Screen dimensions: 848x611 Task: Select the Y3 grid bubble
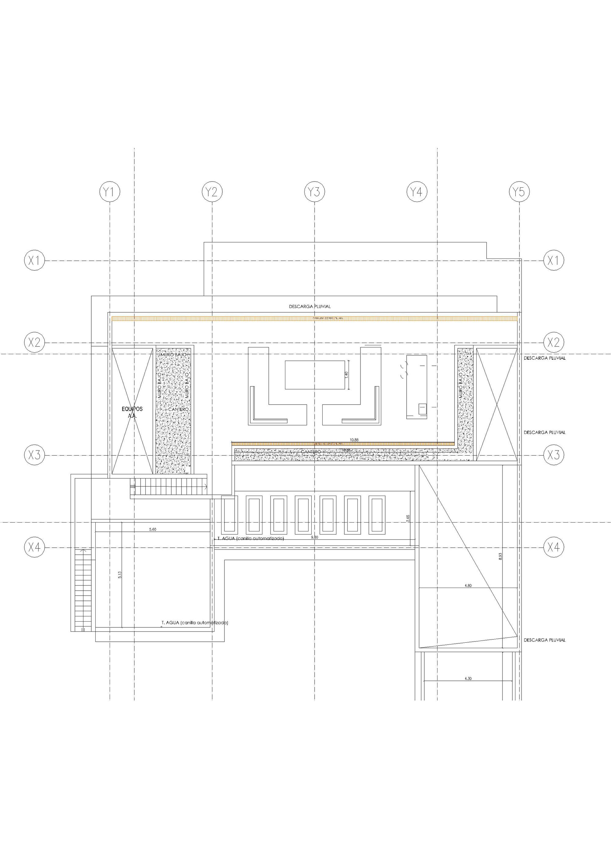314,192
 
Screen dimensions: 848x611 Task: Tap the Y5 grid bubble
519,192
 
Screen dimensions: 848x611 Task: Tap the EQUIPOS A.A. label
132,412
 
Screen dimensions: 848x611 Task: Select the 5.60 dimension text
152,530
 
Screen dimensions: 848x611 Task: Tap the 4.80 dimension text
468,586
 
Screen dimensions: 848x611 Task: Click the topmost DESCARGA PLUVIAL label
309,306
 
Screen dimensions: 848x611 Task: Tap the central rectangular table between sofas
315,375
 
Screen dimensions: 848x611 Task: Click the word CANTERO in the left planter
178,409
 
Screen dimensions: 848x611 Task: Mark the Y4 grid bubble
417,192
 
